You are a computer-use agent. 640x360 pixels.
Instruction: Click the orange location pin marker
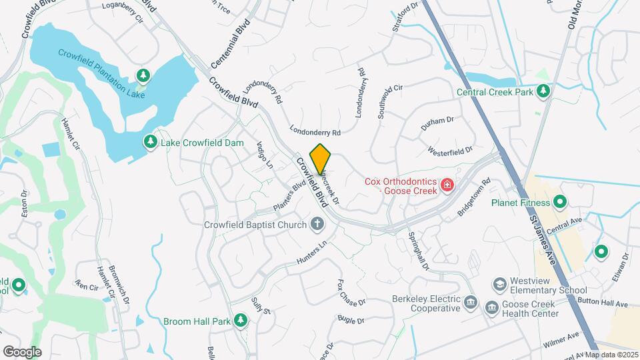pos(321,159)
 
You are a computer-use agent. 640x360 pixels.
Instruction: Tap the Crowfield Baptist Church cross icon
pos(318,224)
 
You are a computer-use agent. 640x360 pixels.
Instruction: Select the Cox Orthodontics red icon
pos(447,185)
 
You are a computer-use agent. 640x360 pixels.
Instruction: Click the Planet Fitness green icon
pos(560,202)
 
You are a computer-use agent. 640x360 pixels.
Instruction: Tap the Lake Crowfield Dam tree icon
pos(151,142)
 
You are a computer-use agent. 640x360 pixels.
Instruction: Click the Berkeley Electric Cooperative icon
pos(471,303)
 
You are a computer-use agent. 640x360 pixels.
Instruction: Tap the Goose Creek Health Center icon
pos(492,307)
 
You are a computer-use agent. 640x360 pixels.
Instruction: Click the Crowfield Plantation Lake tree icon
pos(142,75)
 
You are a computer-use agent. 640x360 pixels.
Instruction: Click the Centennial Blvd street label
pos(230,44)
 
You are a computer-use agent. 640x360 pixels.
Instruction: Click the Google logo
pos(22,351)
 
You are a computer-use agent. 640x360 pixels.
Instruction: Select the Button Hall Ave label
pos(605,303)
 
